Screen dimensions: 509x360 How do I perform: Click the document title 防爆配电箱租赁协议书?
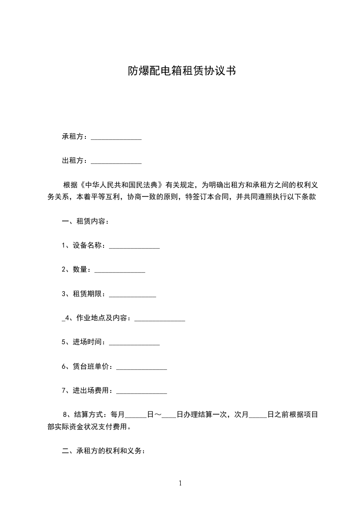(x=181, y=71)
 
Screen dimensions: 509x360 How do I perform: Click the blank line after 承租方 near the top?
(x=116, y=137)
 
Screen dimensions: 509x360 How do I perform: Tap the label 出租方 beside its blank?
(x=73, y=161)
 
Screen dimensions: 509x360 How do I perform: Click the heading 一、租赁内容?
(x=85, y=222)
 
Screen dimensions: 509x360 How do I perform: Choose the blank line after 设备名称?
(x=134, y=247)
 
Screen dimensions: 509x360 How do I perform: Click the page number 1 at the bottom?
(x=180, y=483)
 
